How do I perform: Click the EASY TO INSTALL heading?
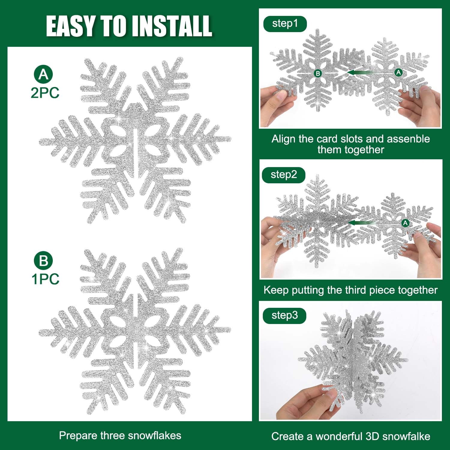click(x=129, y=26)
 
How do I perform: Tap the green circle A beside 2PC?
click(x=43, y=74)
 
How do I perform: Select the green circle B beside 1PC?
click(x=43, y=260)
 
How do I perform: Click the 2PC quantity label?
click(x=45, y=93)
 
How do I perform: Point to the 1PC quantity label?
click(x=46, y=279)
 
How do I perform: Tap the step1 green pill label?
click(x=285, y=24)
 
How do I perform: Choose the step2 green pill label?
click(x=284, y=175)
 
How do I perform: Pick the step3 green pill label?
click(x=285, y=316)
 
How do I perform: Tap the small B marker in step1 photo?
click(x=317, y=73)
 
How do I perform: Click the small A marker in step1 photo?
click(x=398, y=72)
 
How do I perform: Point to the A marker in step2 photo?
click(x=405, y=223)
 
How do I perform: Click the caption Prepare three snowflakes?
click(x=120, y=436)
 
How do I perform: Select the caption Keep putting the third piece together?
click(x=350, y=290)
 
